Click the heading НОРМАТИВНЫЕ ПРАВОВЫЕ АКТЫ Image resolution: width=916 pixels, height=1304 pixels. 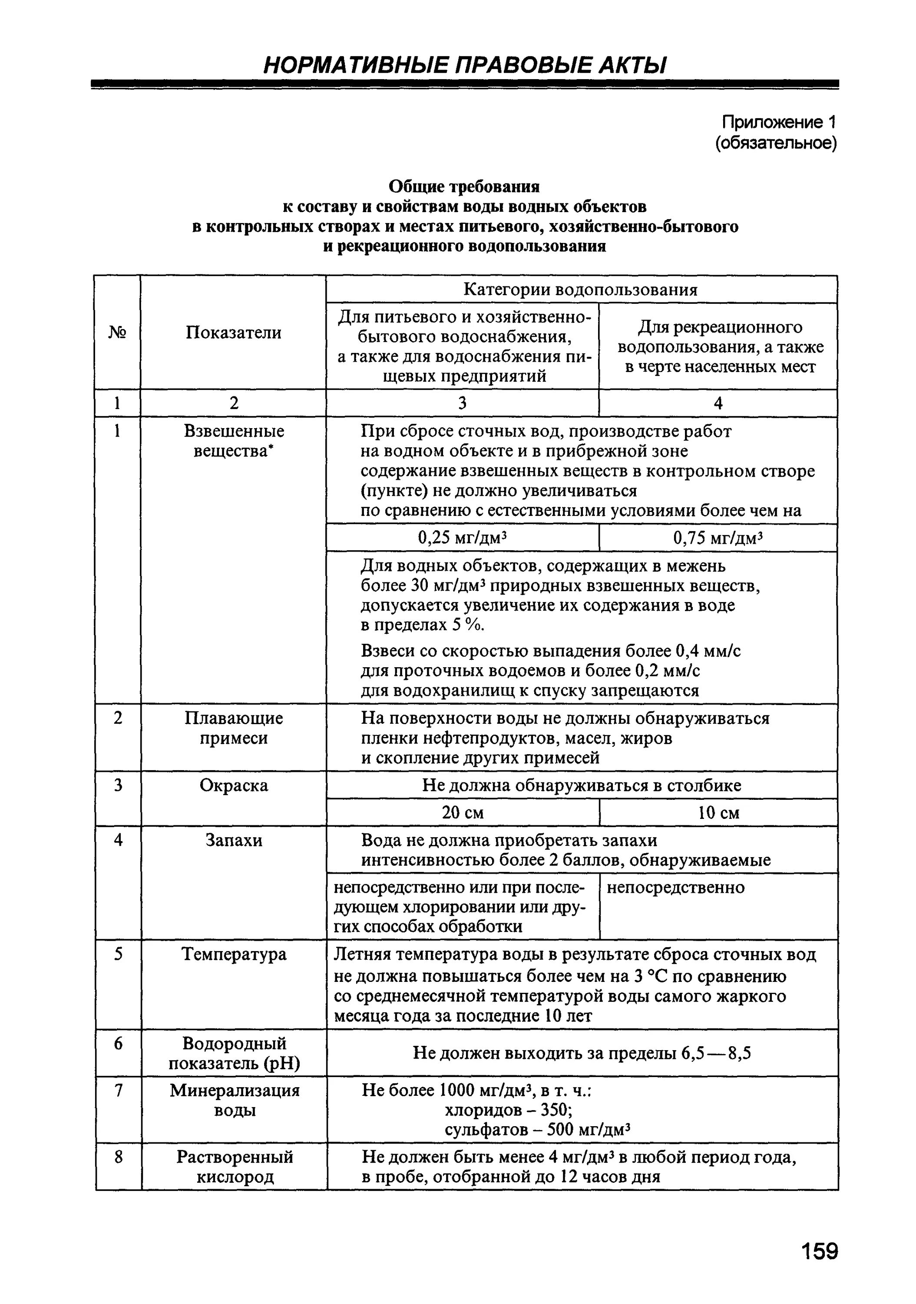tap(464, 65)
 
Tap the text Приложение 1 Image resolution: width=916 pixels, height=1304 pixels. tap(779, 122)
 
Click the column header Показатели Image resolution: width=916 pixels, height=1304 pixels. tap(233, 332)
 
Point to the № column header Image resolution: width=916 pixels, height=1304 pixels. tap(117, 332)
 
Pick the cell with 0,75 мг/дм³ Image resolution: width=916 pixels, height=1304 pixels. tap(718, 537)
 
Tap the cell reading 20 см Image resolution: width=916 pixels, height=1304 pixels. tap(463, 813)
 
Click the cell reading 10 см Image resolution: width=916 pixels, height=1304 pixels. tap(718, 813)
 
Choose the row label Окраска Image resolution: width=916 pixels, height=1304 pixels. tap(233, 785)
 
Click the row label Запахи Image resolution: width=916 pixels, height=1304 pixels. tap(234, 840)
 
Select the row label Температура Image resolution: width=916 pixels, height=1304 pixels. tap(234, 954)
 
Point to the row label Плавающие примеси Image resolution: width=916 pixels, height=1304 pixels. tap(233, 728)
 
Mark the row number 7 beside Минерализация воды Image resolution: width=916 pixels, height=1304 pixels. tap(118, 1091)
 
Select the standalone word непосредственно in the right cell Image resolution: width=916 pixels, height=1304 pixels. tap(675, 888)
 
